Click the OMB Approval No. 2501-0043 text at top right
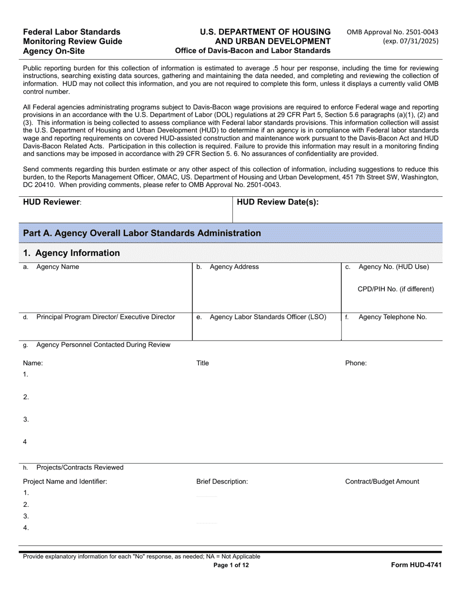tap(392, 32)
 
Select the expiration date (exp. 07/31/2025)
tap(410, 41)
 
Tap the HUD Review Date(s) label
tap(278, 203)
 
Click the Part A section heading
tap(142, 233)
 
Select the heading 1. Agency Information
tap(71, 253)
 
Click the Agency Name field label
tap(57, 267)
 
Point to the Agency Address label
tap(234, 267)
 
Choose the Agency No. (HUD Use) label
tap(394, 267)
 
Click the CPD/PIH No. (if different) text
tap(395, 289)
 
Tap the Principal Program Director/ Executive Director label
tap(105, 317)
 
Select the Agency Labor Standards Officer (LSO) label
tap(267, 317)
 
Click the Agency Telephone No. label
tap(392, 317)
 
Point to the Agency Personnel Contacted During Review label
tap(103, 345)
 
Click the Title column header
tap(202, 363)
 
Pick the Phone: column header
tap(356, 363)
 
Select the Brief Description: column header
tap(222, 482)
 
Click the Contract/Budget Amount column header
tap(382, 482)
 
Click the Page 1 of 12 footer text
tap(234, 565)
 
